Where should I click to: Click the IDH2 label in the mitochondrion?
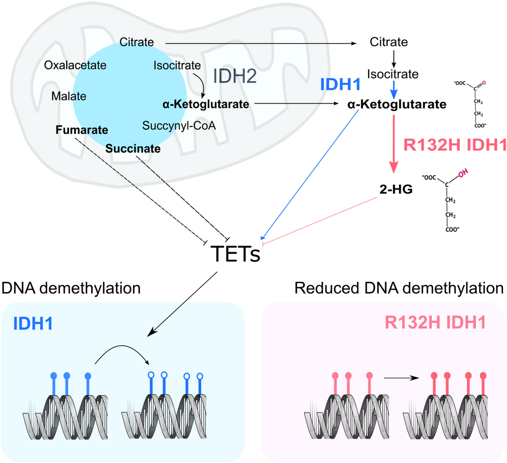tap(234, 76)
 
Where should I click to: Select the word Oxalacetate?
tap(75, 65)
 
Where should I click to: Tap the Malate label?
tap(69, 96)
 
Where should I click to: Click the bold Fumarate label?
tap(82, 130)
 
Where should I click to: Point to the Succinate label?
tap(133, 149)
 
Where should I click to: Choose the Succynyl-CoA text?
tap(179, 126)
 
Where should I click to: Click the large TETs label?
tap(235, 254)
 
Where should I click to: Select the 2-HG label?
tap(396, 190)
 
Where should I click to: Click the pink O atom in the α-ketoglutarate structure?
tap(484, 82)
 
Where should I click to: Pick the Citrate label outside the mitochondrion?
tap(388, 42)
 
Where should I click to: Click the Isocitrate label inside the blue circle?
tap(177, 65)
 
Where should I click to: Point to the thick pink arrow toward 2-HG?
tap(394, 144)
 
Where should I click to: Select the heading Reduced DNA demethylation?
tap(399, 288)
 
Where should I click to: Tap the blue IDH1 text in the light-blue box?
tap(33, 324)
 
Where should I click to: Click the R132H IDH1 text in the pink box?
tap(435, 323)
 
